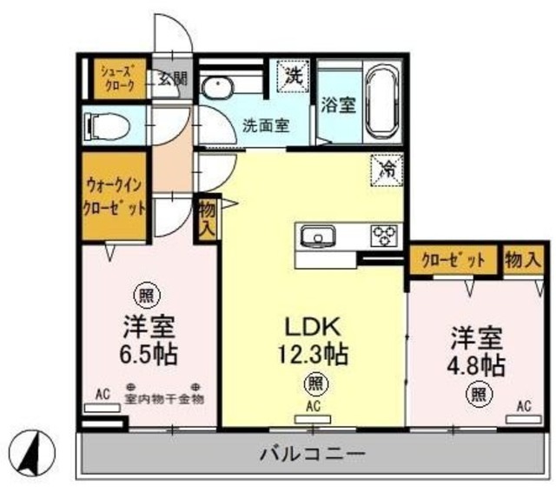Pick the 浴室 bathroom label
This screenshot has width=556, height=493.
click(x=337, y=106)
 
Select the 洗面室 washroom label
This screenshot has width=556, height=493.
click(x=265, y=123)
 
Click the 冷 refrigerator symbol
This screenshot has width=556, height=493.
click(x=385, y=169)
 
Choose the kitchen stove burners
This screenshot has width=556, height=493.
click(x=383, y=235)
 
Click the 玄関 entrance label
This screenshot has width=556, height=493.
click(x=172, y=78)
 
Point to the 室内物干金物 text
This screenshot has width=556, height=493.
click(x=163, y=399)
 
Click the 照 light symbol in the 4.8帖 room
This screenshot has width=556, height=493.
click(x=476, y=393)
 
